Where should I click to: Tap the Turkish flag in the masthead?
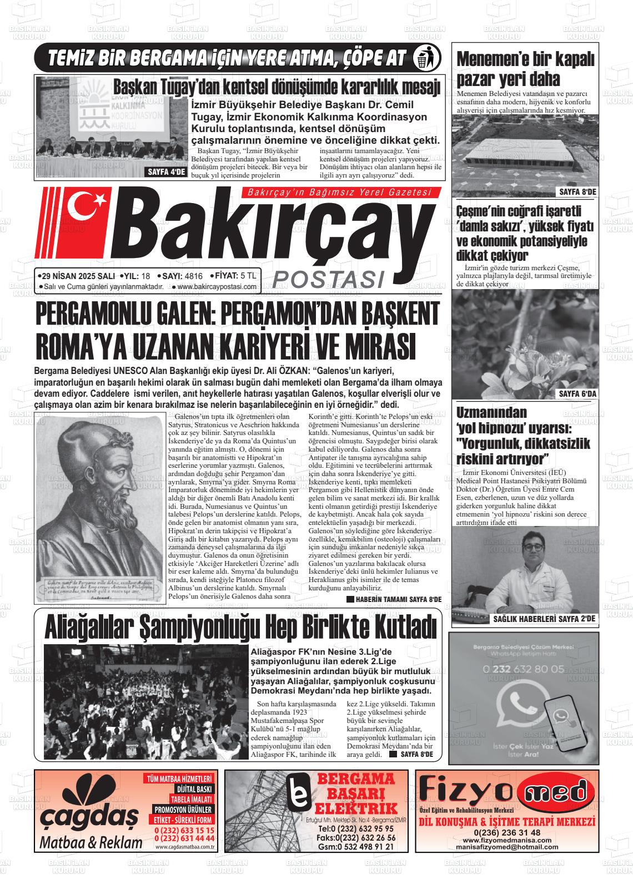click(x=89, y=210)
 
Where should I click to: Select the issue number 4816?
click(x=193, y=276)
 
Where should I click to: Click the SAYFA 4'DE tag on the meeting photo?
click(x=165, y=172)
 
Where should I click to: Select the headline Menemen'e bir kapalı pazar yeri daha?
click(x=525, y=68)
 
